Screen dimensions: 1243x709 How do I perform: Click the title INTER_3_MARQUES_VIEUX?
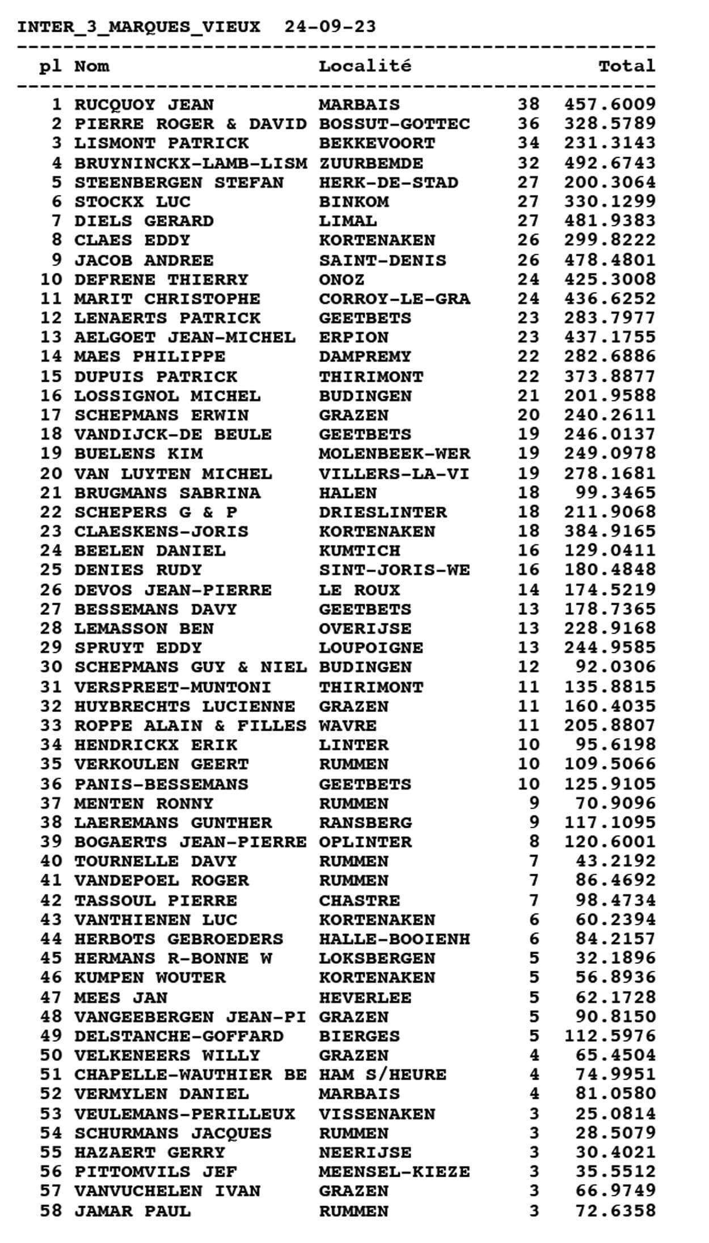pyautogui.click(x=138, y=27)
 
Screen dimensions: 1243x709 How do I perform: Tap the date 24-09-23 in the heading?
pyautogui.click(x=330, y=27)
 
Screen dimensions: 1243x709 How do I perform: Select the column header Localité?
pyautogui.click(x=365, y=66)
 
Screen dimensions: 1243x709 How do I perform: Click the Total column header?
pyautogui.click(x=626, y=66)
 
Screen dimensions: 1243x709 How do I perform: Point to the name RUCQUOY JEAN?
pyautogui.click(x=144, y=105)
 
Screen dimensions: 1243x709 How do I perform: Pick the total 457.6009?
pyautogui.click(x=609, y=105)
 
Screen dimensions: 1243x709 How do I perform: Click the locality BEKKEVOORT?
pyautogui.click(x=377, y=143)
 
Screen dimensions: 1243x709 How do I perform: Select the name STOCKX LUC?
pyautogui.click(x=132, y=202)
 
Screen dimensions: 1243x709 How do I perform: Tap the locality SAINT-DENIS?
pyautogui.click(x=382, y=260)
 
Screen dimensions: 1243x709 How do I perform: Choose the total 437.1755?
pyautogui.click(x=609, y=338)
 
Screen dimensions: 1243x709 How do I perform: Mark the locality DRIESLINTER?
pyautogui.click(x=382, y=512)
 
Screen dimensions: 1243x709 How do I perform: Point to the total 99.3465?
pyautogui.click(x=615, y=493)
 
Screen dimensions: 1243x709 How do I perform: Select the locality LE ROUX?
pyautogui.click(x=359, y=590)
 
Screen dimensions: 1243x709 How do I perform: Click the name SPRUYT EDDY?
pyautogui.click(x=138, y=648)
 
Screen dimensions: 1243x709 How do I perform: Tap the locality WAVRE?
pyautogui.click(x=347, y=726)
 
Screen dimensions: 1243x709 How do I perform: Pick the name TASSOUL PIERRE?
pyautogui.click(x=155, y=900)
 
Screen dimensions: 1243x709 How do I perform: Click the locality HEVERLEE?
pyautogui.click(x=365, y=997)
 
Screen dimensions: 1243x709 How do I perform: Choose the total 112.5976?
pyautogui.click(x=609, y=1036)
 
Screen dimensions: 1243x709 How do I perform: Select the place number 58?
pyautogui.click(x=50, y=1211)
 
